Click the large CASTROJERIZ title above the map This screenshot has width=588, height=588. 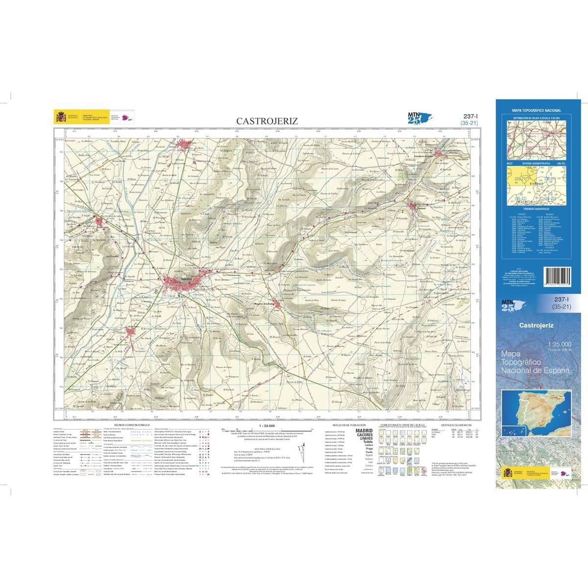tap(267, 121)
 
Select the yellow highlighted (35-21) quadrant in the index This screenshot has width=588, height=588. tap(520, 180)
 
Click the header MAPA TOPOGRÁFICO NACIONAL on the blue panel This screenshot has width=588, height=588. tap(536, 111)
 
